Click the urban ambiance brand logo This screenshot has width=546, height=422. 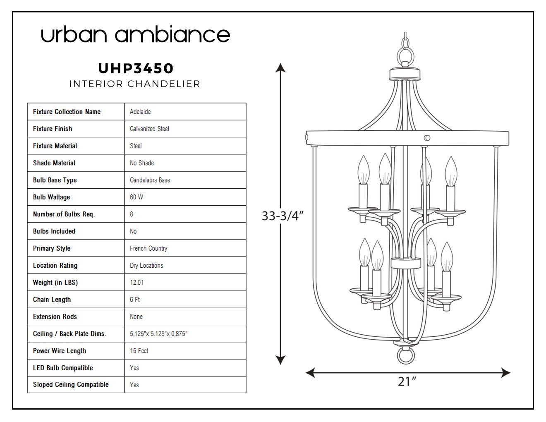pos(135,34)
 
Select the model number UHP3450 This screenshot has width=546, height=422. pos(136,68)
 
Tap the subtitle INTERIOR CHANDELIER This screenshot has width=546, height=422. pos(135,84)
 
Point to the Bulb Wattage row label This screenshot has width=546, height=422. pos(52,197)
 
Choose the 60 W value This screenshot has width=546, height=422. pos(136,197)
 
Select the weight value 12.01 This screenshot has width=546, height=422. pos(136,283)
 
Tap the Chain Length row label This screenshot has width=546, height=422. pos(52,300)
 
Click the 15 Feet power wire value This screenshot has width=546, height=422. pos(139,350)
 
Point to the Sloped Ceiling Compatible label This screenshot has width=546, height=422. pos(71,384)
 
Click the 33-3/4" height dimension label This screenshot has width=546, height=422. pos(283,216)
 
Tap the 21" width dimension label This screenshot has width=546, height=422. pos(407,381)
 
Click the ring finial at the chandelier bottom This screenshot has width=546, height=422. pos(405,356)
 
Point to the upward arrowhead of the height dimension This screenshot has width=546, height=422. pos(280,68)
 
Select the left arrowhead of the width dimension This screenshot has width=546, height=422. pos(310,372)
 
